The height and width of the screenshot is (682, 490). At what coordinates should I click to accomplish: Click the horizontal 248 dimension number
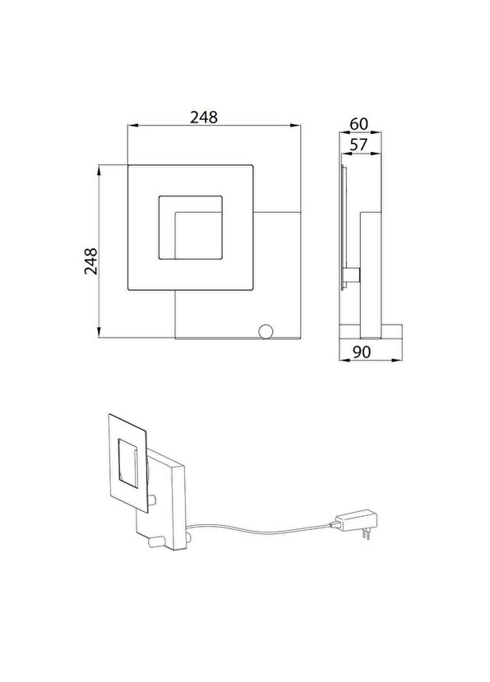click(x=204, y=117)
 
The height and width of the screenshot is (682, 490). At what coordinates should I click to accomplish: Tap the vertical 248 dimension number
click(x=91, y=261)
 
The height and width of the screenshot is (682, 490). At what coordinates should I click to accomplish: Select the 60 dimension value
click(x=359, y=124)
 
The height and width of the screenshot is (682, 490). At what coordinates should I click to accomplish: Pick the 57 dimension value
click(x=359, y=144)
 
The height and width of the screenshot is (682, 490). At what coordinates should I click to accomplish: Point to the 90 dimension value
click(x=362, y=352)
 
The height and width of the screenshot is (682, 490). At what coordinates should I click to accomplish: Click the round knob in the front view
click(x=266, y=331)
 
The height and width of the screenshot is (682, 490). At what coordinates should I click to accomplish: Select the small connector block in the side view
click(x=351, y=275)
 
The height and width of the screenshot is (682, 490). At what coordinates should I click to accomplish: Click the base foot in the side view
click(x=370, y=331)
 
